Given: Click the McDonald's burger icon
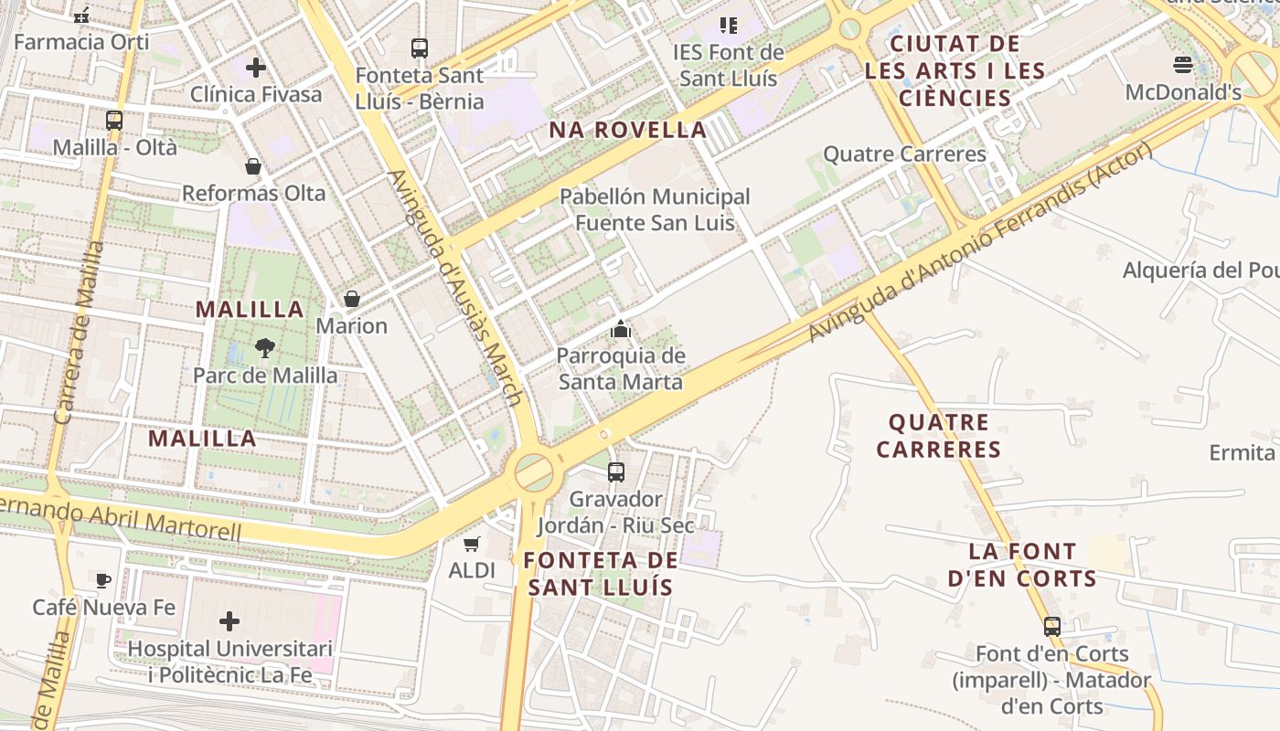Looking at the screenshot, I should [1183, 65].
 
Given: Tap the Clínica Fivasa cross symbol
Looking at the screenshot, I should [255, 68].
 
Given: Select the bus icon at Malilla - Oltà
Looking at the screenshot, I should [114, 120].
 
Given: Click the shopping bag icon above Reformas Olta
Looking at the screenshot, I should [253, 166].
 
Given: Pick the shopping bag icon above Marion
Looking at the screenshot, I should [351, 299].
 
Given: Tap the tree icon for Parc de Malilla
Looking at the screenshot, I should [264, 347].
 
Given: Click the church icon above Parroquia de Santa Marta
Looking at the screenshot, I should [621, 329].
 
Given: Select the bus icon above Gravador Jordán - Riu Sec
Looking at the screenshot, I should [616, 471].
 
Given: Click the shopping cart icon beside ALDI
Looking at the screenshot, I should [472, 545].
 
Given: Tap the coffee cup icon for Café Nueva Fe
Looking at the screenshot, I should [103, 580].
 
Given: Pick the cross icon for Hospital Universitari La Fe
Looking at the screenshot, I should [229, 622].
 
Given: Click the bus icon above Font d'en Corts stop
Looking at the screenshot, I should [1052, 627].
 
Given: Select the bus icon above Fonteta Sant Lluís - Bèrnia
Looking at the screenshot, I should [420, 48].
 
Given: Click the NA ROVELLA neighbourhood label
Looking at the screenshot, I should [627, 130].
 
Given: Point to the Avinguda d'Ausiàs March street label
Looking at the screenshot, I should [455, 288].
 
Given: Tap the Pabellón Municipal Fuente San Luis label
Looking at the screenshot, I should [654, 209].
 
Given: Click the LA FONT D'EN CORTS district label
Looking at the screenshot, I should [1033, 565].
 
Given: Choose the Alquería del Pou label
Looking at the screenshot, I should [1200, 270].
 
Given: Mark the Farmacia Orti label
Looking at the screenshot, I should [81, 41].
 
